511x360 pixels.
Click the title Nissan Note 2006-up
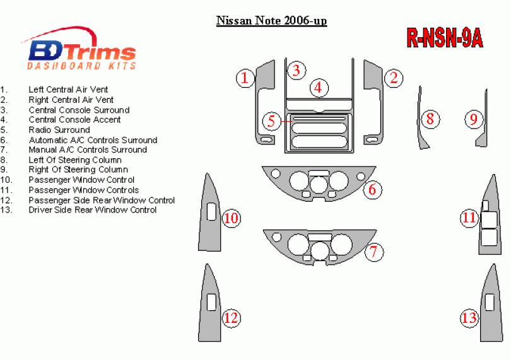[x=271, y=21]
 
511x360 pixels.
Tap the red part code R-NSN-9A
[x=445, y=38]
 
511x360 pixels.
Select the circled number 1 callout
[x=245, y=78]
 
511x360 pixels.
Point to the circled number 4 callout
[x=319, y=88]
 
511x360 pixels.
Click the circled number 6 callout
[x=372, y=189]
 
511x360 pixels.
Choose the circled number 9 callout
[x=474, y=119]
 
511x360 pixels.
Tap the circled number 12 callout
[x=231, y=318]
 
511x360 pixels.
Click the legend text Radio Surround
[x=59, y=130]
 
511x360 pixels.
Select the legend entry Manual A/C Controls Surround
[x=88, y=149]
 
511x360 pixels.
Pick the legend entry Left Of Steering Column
[x=75, y=160]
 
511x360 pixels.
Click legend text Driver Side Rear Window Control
[x=93, y=210]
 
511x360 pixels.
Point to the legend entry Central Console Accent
[x=74, y=120]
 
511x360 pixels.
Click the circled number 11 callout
[x=469, y=218]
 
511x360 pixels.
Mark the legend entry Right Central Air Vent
[x=71, y=100]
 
